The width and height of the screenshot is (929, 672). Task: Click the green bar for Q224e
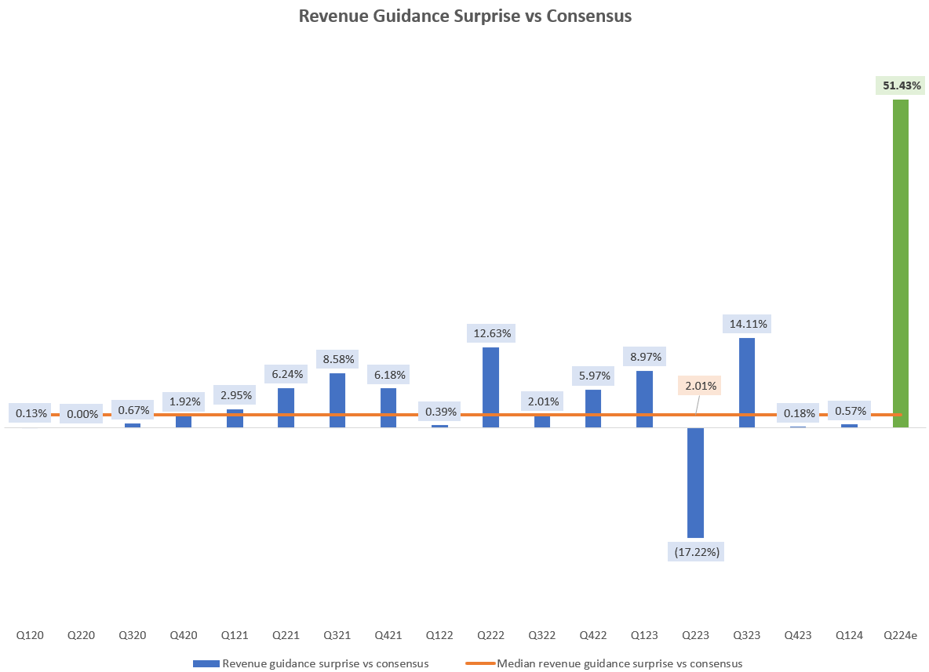pyautogui.click(x=900, y=263)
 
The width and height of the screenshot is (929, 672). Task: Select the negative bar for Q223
pyautogui.click(x=695, y=482)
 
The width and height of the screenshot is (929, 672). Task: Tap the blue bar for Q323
pyautogui.click(x=747, y=382)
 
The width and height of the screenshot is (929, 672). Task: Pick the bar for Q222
pyautogui.click(x=490, y=387)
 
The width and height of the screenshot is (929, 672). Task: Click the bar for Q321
pyautogui.click(x=337, y=400)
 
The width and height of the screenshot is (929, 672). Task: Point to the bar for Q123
pyautogui.click(x=644, y=398)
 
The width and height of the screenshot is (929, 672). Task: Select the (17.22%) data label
pyautogui.click(x=695, y=552)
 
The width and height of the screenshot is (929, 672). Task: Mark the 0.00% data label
pyautogui.click(x=82, y=413)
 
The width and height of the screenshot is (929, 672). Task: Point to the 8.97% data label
pyautogui.click(x=644, y=357)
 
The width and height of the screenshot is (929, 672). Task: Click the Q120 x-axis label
pyautogui.click(x=31, y=634)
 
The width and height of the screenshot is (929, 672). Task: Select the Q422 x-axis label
pyautogui.click(x=593, y=634)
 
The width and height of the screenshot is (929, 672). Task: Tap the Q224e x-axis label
pyautogui.click(x=900, y=634)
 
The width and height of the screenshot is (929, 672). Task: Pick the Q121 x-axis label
pyautogui.click(x=235, y=634)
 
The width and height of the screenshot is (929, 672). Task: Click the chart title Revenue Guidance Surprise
pyautogui.click(x=464, y=16)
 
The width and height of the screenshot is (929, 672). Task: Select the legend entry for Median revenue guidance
pyautogui.click(x=619, y=663)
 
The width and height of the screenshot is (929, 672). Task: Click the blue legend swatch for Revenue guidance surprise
pyautogui.click(x=206, y=663)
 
